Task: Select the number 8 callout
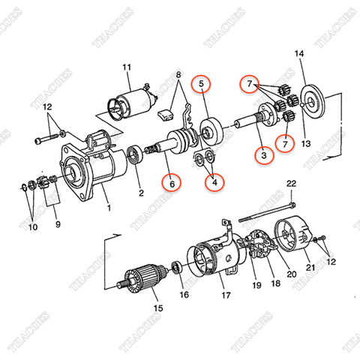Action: (x=178, y=75)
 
